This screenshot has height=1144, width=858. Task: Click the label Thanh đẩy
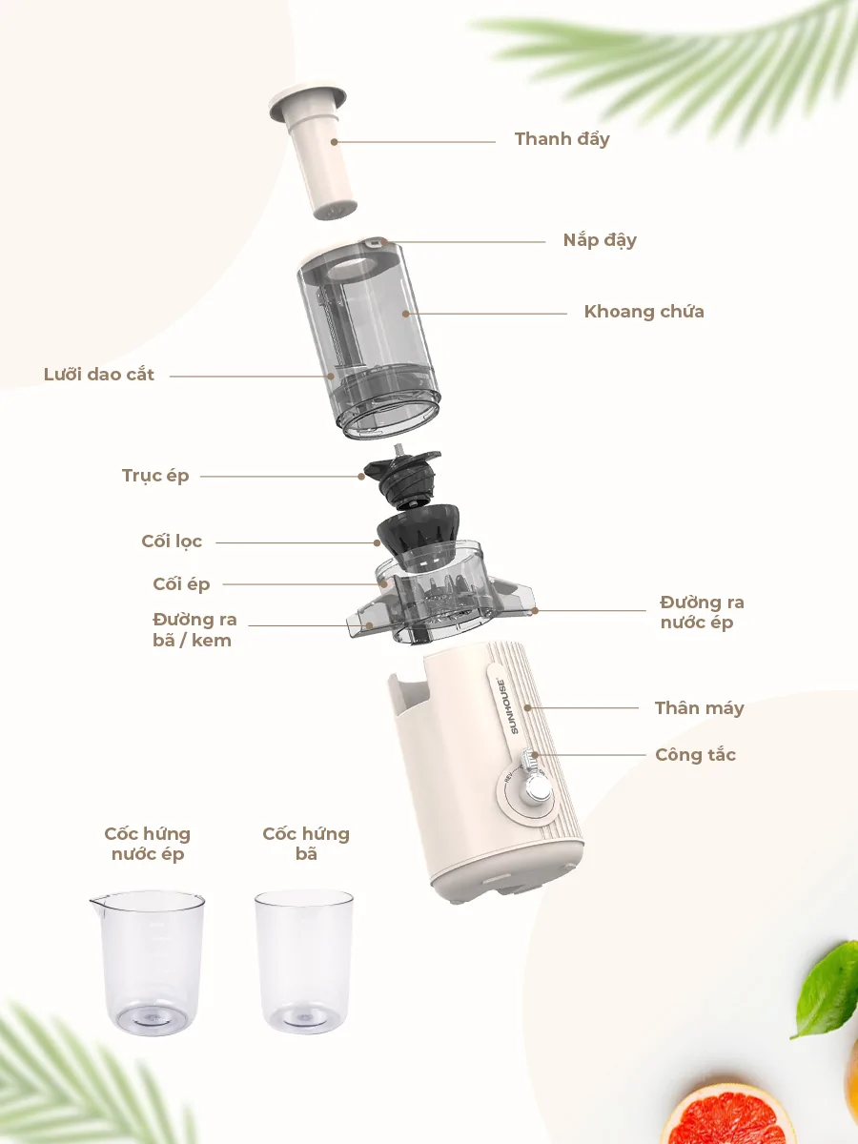[x=562, y=140]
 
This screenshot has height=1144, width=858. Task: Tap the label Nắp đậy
[x=600, y=240]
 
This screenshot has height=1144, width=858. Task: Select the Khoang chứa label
[x=643, y=312]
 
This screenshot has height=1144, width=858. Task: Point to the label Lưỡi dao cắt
[x=98, y=375]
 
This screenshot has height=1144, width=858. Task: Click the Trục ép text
[x=155, y=476]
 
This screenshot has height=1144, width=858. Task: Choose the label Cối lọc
[x=172, y=541]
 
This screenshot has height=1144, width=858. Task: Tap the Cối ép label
[x=181, y=584]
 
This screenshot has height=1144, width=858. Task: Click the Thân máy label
[x=699, y=708]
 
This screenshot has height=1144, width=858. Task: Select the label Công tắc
[x=696, y=755]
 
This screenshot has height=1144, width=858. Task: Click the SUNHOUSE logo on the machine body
[x=507, y=705]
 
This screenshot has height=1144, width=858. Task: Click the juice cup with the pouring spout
[x=148, y=962]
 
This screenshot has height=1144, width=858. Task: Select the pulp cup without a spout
[x=304, y=961]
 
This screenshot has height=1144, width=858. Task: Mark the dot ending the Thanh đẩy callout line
[x=334, y=142]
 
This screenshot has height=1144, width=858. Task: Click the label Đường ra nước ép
[x=702, y=612]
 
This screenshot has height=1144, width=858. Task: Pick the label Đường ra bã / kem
[x=194, y=629]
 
